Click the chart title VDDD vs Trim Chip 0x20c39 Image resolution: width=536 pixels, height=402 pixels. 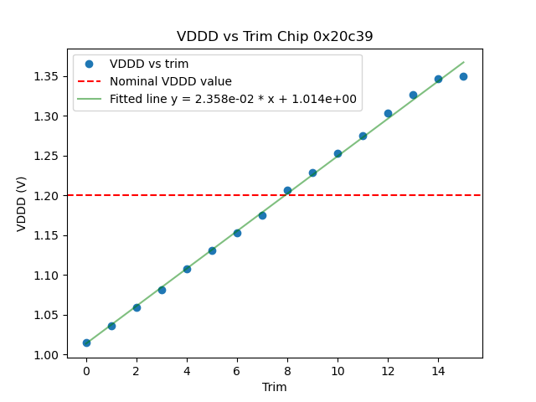click(275, 37)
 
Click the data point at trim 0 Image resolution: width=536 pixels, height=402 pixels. click(86, 343)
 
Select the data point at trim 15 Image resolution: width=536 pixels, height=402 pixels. click(463, 76)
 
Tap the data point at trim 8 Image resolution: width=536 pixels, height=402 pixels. click(287, 190)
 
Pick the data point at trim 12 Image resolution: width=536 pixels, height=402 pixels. click(388, 113)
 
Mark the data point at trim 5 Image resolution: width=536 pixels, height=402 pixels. click(212, 250)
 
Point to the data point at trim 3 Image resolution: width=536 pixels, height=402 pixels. click(162, 290)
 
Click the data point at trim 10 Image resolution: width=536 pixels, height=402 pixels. click(338, 153)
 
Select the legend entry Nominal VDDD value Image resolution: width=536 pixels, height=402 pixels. click(170, 82)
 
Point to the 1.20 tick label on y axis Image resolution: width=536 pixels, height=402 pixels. click(47, 195)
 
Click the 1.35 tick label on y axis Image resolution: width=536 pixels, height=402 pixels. click(47, 76)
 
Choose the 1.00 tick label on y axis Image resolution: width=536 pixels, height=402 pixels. click(47, 355)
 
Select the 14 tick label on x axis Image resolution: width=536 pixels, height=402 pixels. click(438, 371)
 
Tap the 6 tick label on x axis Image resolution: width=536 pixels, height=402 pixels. click(237, 371)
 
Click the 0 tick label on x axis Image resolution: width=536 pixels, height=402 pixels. click(86, 371)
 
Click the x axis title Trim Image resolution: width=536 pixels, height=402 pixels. click(275, 387)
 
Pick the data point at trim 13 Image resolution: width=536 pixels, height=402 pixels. click(413, 95)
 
